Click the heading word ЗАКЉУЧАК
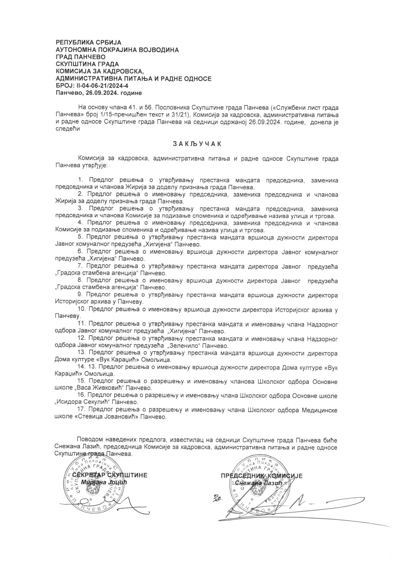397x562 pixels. point(197,144)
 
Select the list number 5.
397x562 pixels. point(80,237)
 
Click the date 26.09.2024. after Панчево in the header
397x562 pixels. point(99,93)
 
